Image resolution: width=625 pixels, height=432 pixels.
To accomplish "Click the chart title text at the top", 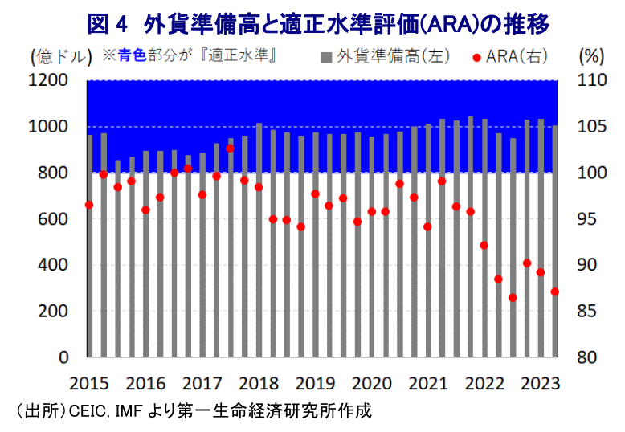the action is click(318, 25).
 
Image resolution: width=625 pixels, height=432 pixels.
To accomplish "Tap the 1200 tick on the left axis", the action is click(48, 80).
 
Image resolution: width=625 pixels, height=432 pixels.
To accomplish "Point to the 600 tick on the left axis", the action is click(53, 218).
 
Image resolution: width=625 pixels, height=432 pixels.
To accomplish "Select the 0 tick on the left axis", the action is click(63, 357).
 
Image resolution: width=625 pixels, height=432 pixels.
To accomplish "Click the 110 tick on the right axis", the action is click(591, 80).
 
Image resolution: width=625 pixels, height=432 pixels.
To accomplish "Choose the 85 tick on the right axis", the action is click(586, 311).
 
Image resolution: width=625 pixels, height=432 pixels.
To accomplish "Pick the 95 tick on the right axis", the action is click(586, 218).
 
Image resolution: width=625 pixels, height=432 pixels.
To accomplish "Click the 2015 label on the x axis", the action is click(89, 383).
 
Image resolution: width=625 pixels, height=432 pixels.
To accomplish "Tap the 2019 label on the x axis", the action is click(315, 383).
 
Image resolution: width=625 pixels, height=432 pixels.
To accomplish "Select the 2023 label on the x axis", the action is click(541, 383).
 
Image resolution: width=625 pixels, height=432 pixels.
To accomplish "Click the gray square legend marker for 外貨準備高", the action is click(326, 58).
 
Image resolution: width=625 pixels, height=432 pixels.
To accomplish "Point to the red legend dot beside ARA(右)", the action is click(476, 58).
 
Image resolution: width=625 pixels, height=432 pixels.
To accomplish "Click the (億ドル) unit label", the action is click(61, 56).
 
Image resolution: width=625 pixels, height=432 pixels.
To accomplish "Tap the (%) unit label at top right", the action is click(591, 56).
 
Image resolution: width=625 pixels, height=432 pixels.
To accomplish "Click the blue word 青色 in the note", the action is click(133, 55).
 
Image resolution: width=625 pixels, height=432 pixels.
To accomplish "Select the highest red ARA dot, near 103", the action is click(230, 149).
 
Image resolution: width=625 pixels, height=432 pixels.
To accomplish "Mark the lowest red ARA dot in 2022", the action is click(513, 298).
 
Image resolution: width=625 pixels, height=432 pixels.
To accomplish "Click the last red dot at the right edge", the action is click(554, 291).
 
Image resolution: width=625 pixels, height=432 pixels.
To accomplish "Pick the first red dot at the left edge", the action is click(89, 205).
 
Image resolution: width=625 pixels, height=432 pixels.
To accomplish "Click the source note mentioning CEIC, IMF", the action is click(194, 411).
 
